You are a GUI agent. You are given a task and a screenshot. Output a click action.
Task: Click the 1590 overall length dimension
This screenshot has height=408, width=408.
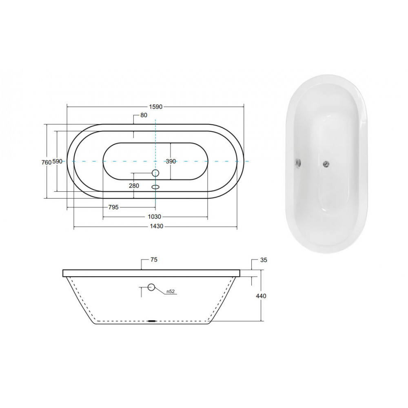coord(155,106)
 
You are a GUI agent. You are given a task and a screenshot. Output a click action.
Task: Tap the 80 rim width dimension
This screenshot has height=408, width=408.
coord(144,115)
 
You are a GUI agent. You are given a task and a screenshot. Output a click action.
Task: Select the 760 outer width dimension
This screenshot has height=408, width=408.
coord(47,162)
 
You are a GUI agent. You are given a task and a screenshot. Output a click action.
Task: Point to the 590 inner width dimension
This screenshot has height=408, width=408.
coord(57,161)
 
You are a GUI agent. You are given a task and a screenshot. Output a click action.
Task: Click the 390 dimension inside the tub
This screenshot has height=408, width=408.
coord(171,161)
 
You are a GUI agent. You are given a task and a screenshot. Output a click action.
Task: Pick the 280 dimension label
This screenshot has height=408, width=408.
coord(134,186)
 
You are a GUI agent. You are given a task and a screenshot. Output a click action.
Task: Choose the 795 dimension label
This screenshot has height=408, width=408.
coord(113,207)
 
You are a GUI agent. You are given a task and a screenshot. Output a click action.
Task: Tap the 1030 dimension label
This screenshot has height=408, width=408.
coord(155,217)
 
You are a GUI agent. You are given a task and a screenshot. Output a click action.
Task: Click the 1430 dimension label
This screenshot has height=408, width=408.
coord(157,226)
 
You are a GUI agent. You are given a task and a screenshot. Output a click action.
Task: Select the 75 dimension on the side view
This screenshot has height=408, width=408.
coord(154,259)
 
